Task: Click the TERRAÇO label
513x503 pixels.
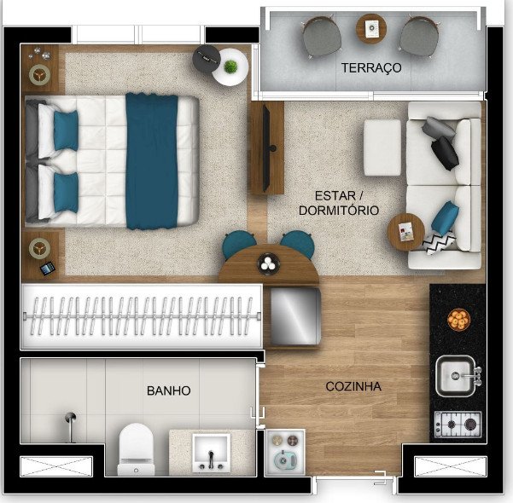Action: pos(371,68)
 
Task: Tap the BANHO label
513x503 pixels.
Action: pos(168,390)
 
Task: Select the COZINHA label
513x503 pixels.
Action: pos(353,386)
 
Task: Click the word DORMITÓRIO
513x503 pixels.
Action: pos(339,211)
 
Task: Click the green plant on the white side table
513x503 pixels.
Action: pos(230,66)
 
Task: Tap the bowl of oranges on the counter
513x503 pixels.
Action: pos(458,320)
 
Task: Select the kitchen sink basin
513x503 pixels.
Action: pos(456,376)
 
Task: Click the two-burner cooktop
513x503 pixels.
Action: pos(458,425)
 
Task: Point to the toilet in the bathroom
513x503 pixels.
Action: pos(136,448)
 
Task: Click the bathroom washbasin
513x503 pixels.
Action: pos(211,453)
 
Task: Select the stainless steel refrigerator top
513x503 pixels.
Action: pos(294,316)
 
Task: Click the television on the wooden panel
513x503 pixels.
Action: pos(267,147)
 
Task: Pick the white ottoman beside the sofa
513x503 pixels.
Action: pos(382,147)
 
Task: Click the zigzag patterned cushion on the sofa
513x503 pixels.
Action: pos(439,242)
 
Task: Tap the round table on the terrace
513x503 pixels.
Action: pos(371,28)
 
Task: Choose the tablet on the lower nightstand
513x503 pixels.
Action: pos(48,269)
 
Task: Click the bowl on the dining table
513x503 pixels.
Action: pos(268,263)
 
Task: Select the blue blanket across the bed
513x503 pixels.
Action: pos(151,161)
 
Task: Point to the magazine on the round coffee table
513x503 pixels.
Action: pos(405,231)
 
